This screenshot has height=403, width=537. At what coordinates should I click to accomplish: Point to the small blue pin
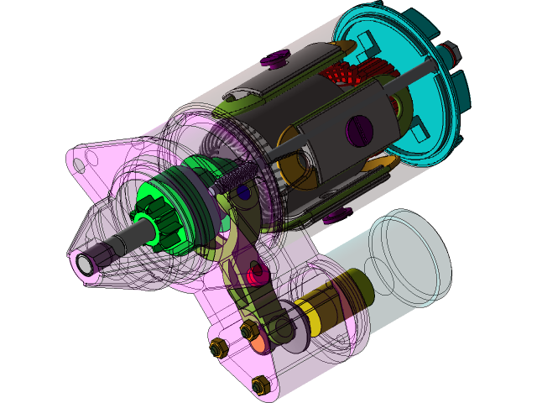pyautogui.click(x=243, y=192)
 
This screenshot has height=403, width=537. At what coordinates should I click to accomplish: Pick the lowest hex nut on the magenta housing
pyautogui.click(x=259, y=385)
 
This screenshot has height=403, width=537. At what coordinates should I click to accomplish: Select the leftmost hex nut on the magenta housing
pyautogui.click(x=216, y=346)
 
